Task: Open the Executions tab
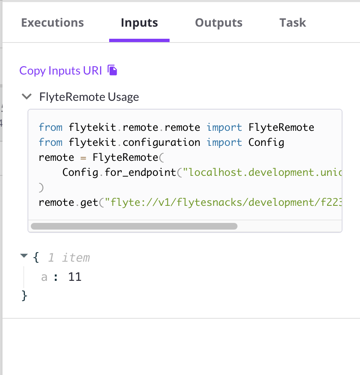[x=52, y=22]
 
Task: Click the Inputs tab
[x=139, y=22]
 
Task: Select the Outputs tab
[x=219, y=22]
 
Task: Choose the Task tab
[x=292, y=22]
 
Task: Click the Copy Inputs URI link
[x=61, y=70]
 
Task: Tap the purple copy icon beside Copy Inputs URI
[x=112, y=70]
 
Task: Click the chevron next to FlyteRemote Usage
[x=27, y=97]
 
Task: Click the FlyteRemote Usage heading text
[x=89, y=97]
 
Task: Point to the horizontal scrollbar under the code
[x=134, y=226]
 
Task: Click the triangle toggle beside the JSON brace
[x=24, y=256]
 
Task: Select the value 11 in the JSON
[x=75, y=277]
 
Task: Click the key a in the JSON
[x=44, y=277]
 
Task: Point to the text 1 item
[x=69, y=258]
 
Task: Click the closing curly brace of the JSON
[x=24, y=295]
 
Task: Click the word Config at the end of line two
[x=266, y=142]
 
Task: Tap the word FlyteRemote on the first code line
[x=281, y=127]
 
